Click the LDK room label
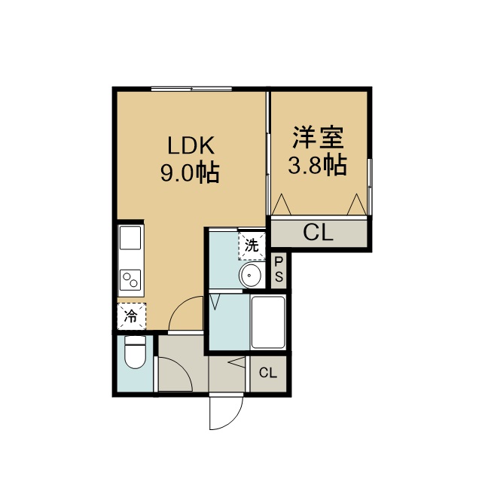(x=191, y=145)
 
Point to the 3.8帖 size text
(x=318, y=164)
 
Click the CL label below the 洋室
(x=318, y=233)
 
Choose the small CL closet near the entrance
(x=268, y=373)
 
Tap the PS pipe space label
(x=279, y=270)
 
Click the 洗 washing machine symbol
(x=252, y=246)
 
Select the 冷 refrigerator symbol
(x=131, y=316)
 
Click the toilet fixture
(x=136, y=352)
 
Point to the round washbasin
(x=251, y=274)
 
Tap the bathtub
(x=268, y=322)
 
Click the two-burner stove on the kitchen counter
(x=130, y=279)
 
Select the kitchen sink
(x=130, y=238)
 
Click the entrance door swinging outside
(x=226, y=413)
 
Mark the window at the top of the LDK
(x=191, y=89)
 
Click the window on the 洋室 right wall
(x=370, y=187)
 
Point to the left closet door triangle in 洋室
(x=282, y=204)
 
